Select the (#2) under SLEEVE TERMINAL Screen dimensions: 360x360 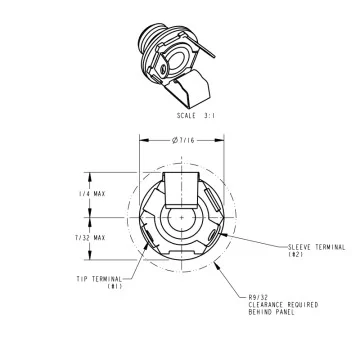296,254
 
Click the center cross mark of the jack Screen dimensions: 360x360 181,216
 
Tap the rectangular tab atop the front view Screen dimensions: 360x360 181,186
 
